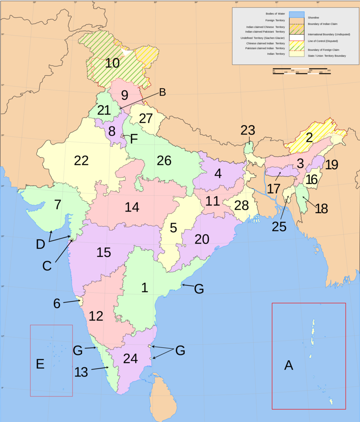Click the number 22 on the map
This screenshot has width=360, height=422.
[x=81, y=160]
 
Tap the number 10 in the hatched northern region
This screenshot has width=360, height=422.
[x=112, y=63]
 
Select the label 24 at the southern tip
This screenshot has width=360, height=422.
[x=130, y=359]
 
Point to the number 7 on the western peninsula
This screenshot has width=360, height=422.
[x=57, y=204]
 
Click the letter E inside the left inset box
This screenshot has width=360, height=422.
[x=40, y=364]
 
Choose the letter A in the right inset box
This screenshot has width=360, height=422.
[x=288, y=365]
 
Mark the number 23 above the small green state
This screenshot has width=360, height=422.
[x=247, y=130]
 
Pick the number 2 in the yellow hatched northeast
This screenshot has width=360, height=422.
[x=309, y=138]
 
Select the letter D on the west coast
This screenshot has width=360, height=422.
[x=41, y=245]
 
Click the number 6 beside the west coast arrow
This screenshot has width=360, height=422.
[x=57, y=303]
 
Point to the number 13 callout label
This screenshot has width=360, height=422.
[x=81, y=372]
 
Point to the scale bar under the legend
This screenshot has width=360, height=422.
[x=301, y=71]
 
